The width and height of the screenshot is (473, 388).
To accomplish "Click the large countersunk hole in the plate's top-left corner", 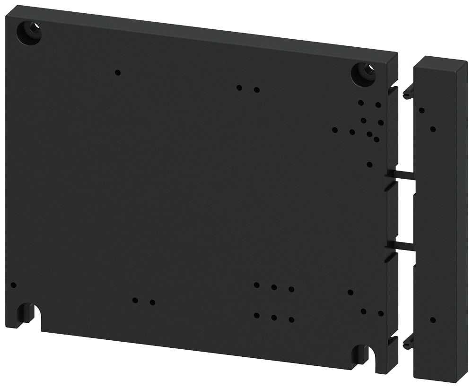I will click(29, 33).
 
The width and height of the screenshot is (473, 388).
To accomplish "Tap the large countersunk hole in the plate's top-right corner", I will click(363, 74).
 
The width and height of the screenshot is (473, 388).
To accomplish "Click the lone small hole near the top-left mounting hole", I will click(118, 72).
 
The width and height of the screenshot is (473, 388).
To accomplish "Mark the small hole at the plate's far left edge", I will click(13, 285).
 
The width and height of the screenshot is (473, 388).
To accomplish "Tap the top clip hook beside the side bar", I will click(408, 93).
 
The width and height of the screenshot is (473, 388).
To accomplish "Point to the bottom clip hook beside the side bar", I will click(408, 343).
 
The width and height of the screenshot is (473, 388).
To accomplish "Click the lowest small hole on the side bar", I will click(433, 320).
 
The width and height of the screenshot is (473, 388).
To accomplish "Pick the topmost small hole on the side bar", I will click(421, 110).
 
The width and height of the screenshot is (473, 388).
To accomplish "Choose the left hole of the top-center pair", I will click(239, 87).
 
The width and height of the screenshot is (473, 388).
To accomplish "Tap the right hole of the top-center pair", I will click(256, 90).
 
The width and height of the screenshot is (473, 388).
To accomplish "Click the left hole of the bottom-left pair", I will click(135, 300).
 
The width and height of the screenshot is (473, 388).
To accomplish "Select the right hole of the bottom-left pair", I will click(152, 302).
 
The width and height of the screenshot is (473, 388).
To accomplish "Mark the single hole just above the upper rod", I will click(369, 164).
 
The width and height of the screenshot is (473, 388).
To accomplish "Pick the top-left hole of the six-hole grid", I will click(256, 285).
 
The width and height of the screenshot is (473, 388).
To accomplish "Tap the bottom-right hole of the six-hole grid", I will click(291, 319).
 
